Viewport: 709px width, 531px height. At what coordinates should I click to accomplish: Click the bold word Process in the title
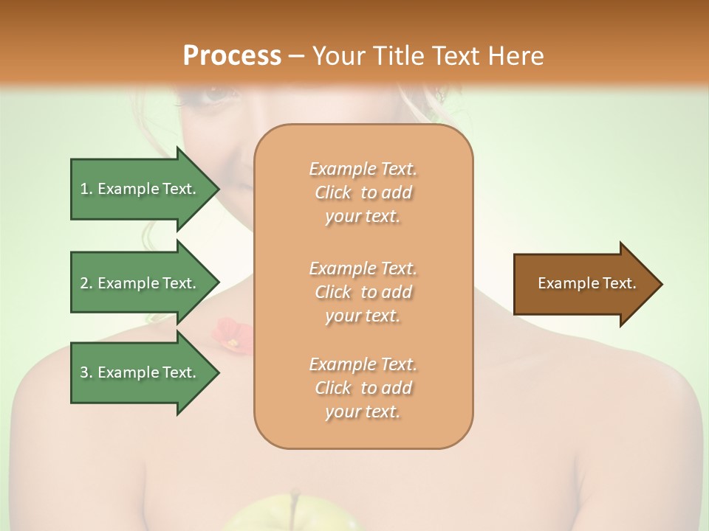coord(232,55)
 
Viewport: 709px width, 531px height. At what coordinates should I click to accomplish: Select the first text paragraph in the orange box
coord(363,192)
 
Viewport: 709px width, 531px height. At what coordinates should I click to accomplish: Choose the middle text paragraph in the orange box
coord(363,292)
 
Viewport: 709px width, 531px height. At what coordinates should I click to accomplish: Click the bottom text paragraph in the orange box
coord(363,388)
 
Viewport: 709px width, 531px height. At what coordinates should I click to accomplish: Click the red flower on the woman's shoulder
coord(232,333)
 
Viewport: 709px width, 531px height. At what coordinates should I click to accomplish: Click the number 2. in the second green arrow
coord(86,283)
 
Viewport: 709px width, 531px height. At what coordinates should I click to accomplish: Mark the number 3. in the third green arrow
coord(86,372)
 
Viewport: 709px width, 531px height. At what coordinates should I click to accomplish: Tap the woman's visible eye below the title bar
coord(216,94)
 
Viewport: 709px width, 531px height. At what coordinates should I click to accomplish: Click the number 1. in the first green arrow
coord(86,189)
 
